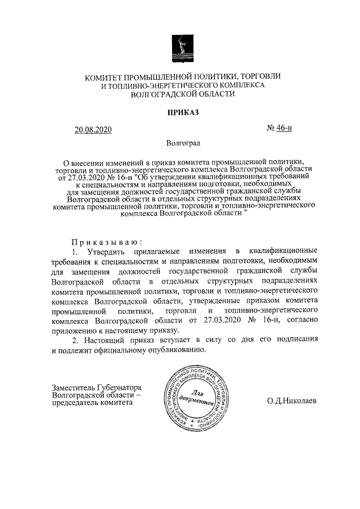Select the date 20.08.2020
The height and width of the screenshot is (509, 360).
pyautogui.click(x=93, y=130)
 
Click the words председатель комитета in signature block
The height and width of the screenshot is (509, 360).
pyautogui.click(x=92, y=404)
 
